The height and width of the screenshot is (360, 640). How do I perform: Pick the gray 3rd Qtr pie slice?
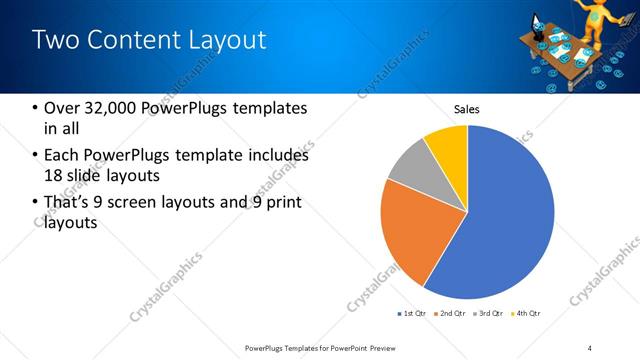(x=409, y=168)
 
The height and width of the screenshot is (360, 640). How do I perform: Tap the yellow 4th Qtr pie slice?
(x=446, y=144)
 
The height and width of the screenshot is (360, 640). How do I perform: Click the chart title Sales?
(x=467, y=108)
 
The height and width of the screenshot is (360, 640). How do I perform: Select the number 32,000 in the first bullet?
(x=107, y=108)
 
